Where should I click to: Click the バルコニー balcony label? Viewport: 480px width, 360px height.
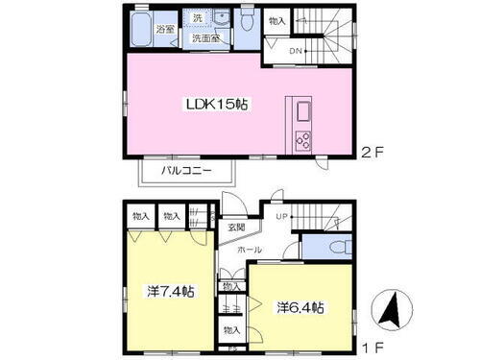click(188, 174)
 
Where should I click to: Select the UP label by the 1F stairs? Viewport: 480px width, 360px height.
click(279, 218)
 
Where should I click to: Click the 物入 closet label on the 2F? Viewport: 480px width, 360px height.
click(276, 20)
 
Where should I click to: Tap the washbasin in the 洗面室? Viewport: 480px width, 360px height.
click(221, 19)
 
